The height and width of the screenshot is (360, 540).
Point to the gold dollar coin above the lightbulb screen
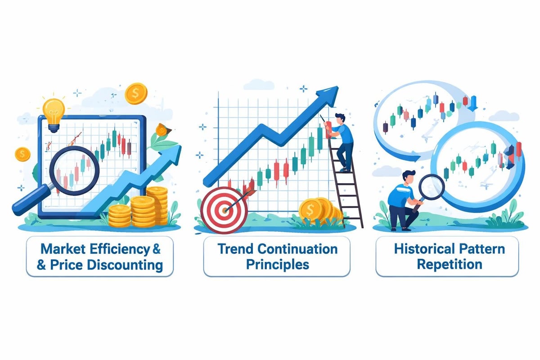point(136,94)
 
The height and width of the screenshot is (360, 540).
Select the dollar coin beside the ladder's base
point(310,209)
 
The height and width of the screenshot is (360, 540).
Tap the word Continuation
point(298,248)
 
